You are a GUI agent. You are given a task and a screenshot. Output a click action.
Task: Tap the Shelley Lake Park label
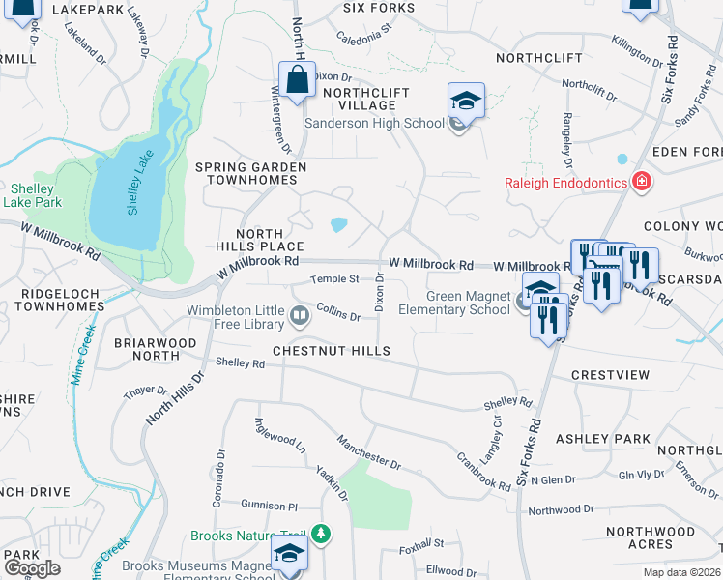36,195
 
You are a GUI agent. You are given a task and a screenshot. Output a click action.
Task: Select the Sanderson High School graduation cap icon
466,101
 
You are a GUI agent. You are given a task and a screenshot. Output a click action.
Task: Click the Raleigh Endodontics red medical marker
640,182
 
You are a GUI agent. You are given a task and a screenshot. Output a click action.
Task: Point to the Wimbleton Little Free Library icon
300,316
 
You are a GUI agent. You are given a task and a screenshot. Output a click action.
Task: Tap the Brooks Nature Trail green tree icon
328,534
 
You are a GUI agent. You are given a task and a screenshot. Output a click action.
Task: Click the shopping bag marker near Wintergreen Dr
298,81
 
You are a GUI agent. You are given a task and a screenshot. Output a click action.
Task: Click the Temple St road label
334,279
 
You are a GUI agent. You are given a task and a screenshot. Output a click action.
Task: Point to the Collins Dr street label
337,314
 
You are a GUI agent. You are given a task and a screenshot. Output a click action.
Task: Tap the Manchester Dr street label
368,451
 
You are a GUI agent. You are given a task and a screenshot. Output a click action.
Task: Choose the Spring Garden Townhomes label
250,174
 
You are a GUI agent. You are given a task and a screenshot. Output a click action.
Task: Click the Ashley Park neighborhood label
617,439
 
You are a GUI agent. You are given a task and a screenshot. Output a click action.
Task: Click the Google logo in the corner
32,568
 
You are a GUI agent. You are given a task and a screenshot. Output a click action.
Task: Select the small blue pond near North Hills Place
338,225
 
